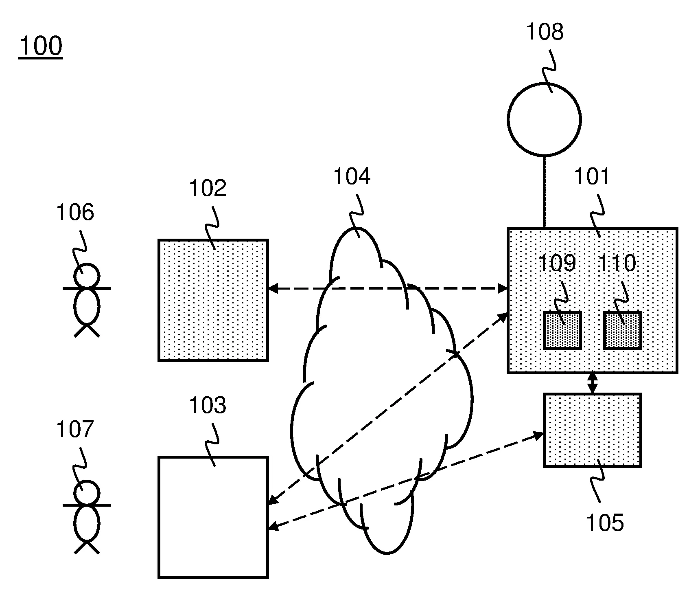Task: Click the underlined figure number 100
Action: point(40,46)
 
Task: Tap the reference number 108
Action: point(545,31)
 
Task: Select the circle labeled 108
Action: point(544,119)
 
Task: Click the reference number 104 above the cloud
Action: point(352,177)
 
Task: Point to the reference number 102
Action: point(208,188)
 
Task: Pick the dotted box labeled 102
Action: point(213,300)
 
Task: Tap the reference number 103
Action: point(208,405)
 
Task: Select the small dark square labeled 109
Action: point(562,330)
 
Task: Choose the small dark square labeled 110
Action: point(622,330)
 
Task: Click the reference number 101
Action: point(592,177)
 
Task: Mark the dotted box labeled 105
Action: point(592,430)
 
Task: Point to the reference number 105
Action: point(605,523)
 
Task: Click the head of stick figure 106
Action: point(86,276)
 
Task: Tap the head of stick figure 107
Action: point(86,493)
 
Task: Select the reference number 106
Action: point(75,213)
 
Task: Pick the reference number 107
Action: point(75,430)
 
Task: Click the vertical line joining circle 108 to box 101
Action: point(544,191)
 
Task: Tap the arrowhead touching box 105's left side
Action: point(539,435)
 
